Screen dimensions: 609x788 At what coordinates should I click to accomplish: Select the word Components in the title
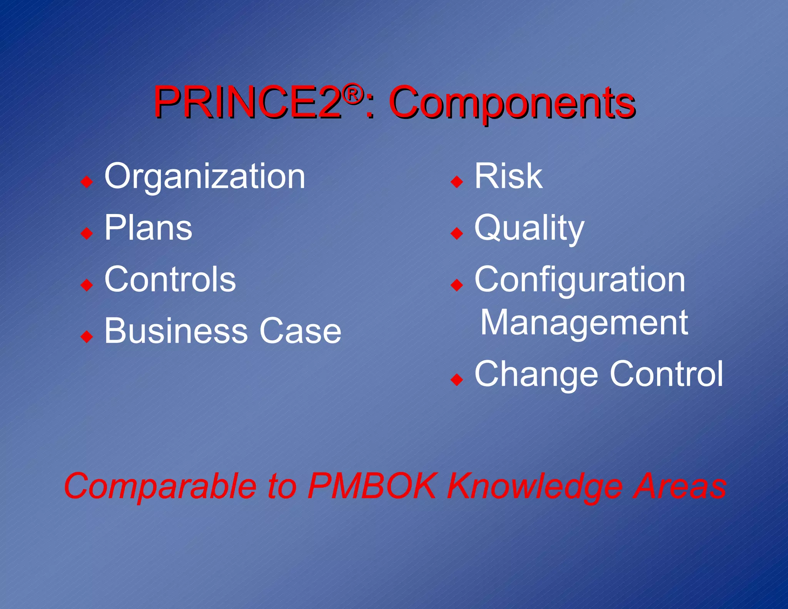(x=512, y=103)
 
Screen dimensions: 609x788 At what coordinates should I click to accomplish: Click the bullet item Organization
(x=205, y=176)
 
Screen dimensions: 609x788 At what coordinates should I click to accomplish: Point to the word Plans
(x=148, y=228)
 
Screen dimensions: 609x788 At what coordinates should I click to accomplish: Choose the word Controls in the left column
(x=170, y=279)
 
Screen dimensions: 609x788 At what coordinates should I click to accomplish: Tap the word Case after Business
(x=300, y=331)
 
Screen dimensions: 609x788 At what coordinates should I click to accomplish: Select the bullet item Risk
(x=508, y=176)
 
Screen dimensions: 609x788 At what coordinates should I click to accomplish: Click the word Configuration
(x=580, y=280)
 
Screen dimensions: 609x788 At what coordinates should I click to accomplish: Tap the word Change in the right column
(x=536, y=374)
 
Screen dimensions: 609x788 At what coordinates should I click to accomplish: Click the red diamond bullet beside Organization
(x=87, y=181)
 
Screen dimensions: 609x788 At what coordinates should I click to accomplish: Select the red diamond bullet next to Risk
(x=457, y=181)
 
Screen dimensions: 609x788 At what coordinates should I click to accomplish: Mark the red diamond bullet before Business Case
(x=87, y=336)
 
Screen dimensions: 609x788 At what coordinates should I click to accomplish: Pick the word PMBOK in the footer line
(x=372, y=486)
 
